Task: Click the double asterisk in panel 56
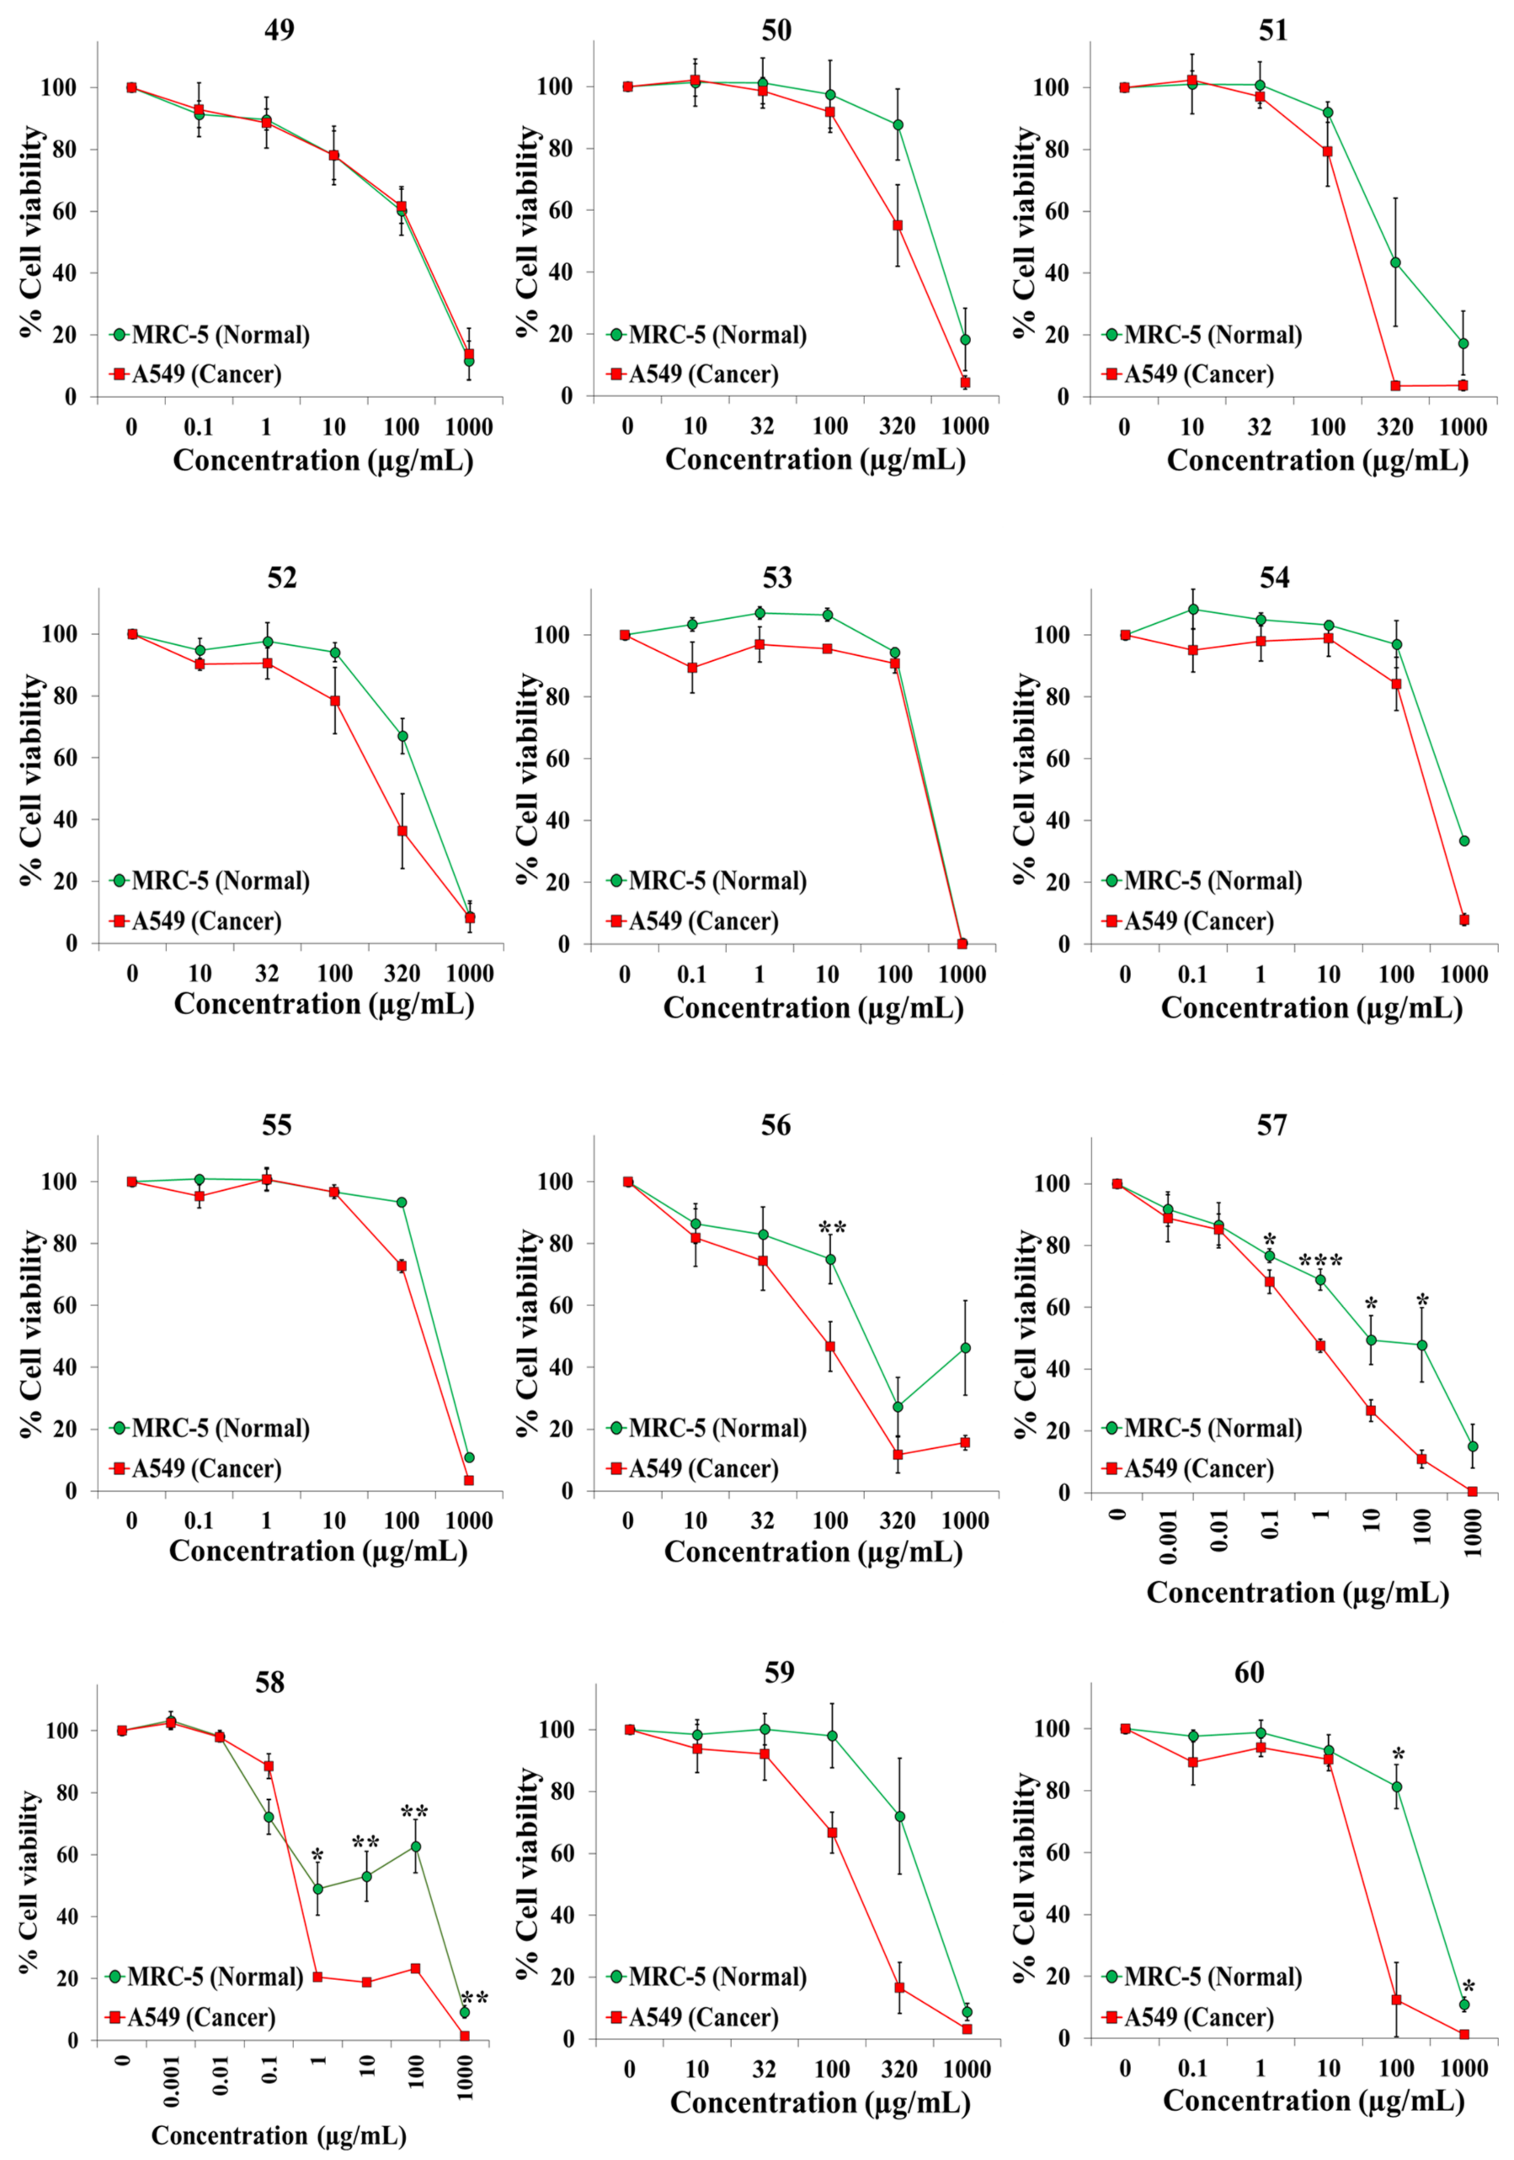832,1229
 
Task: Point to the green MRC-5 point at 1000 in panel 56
965,1348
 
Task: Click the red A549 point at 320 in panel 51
1395,386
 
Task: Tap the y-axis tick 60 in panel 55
66,1305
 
